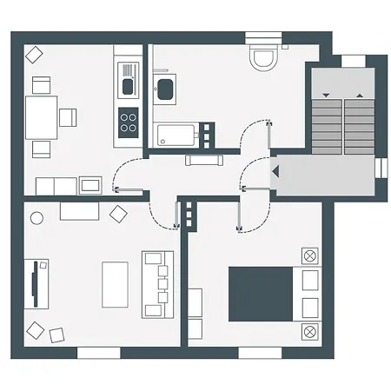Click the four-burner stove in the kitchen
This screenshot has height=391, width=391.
pyautogui.click(x=129, y=120)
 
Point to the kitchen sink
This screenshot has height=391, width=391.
pyautogui.click(x=128, y=84)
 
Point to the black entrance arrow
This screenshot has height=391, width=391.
pyautogui.click(x=275, y=172)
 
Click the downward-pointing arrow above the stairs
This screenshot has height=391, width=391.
pyautogui.click(x=325, y=94)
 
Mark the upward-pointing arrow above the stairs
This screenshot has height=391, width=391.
pyautogui.click(x=360, y=94)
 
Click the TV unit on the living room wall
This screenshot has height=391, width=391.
pyautogui.click(x=36, y=284)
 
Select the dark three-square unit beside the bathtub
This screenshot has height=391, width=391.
pyautogui.click(x=208, y=133)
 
